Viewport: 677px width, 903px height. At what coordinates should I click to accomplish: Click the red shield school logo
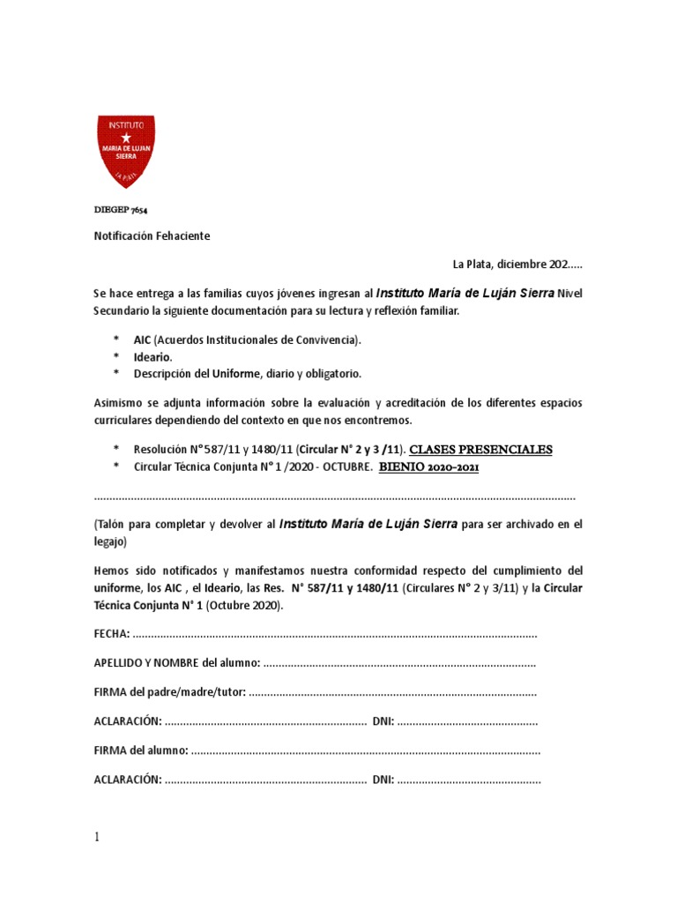pos(126,150)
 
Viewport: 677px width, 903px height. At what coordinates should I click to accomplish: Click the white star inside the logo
pos(126,138)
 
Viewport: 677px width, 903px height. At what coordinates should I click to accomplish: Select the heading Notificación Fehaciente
pos(152,237)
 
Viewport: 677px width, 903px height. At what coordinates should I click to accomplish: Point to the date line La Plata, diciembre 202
pos(517,264)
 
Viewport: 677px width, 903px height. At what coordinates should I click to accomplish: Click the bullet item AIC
pos(144,340)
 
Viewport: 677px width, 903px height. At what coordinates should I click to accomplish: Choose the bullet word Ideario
pos(153,356)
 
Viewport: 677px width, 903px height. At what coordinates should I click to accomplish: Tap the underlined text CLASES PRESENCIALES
pos(481,450)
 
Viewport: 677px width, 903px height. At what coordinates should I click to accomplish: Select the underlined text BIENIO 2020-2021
pos(428,466)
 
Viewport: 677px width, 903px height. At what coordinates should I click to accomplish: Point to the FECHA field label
pos(112,634)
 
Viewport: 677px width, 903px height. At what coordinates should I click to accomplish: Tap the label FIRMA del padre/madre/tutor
pos(170,692)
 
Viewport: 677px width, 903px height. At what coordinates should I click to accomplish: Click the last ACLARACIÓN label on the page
pos(127,780)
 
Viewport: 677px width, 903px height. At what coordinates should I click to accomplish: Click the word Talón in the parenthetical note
pos(114,524)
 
